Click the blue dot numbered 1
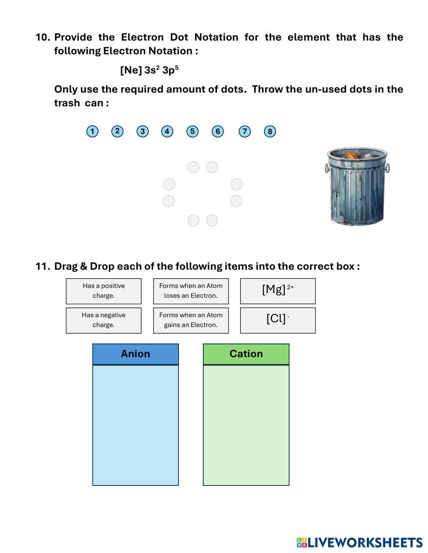92,131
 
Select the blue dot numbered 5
193,131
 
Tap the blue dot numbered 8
270,131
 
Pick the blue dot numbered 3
143,131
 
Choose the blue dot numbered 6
218,131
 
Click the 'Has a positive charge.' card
104,291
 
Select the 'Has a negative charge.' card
104,320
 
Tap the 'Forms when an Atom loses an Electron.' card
191,291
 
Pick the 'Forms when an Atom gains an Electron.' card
191,320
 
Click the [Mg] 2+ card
278,291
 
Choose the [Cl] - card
278,320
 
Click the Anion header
135,354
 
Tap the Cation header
246,354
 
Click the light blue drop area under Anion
135,425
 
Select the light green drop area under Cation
246,425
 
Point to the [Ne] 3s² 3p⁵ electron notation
149,70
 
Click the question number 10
43,37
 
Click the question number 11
43,266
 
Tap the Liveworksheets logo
360,542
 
